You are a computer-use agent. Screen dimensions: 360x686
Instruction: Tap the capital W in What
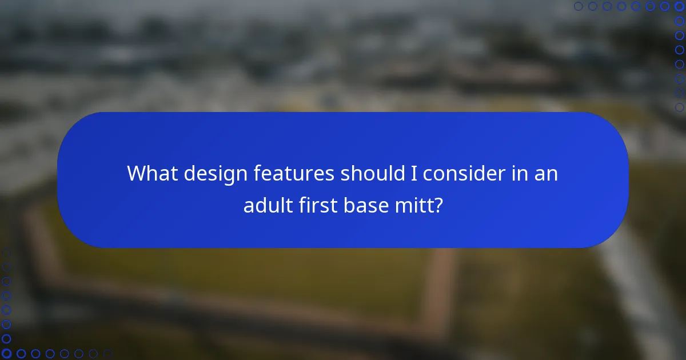pos(137,173)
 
